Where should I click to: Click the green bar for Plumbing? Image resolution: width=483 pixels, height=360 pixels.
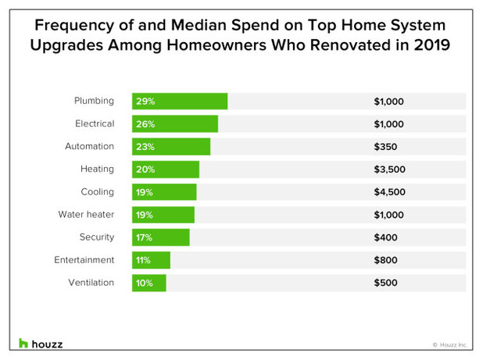click(180, 102)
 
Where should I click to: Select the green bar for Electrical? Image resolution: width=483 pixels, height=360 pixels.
click(175, 124)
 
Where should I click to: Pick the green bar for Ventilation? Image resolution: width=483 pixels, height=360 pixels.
click(149, 283)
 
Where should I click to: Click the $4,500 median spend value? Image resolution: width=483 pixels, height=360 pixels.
click(389, 192)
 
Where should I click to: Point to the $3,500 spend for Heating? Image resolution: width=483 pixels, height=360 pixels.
click(389, 169)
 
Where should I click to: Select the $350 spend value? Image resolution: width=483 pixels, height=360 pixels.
click(385, 147)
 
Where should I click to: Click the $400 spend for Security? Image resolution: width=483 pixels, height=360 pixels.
click(385, 237)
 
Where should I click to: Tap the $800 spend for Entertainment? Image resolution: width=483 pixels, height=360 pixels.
click(385, 260)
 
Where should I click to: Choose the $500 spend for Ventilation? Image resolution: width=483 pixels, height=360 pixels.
click(385, 283)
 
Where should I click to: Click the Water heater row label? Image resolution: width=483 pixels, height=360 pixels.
click(86, 215)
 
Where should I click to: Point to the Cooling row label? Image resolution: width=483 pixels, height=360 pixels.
click(97, 192)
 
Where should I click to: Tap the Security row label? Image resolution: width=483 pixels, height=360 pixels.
click(96, 237)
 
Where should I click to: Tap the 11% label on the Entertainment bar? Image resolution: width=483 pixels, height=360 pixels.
click(143, 260)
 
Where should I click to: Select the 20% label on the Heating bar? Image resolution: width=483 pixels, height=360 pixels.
click(144, 169)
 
